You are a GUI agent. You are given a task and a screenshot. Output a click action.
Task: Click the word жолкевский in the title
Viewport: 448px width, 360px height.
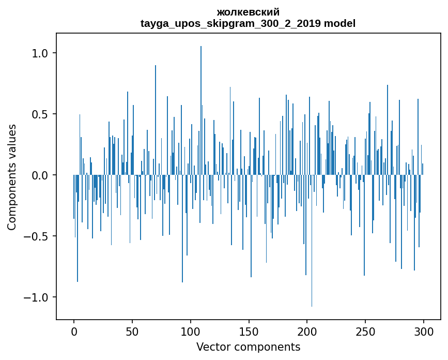[x=248, y=12]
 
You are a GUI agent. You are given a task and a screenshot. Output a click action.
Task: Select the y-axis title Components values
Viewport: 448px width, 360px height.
[x=11, y=177]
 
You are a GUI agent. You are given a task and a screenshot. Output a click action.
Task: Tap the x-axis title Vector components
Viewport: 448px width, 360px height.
[x=248, y=347]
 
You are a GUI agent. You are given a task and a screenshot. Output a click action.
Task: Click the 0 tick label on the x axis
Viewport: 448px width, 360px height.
[x=74, y=331]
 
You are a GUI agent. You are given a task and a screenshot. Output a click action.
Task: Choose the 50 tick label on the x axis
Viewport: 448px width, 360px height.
[x=132, y=331]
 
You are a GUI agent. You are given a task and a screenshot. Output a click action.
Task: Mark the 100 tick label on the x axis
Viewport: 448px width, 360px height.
[x=191, y=331]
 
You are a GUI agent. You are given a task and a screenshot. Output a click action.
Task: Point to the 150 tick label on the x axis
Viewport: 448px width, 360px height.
[x=249, y=331]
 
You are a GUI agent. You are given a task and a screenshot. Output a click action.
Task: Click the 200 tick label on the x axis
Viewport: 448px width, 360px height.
[x=307, y=331]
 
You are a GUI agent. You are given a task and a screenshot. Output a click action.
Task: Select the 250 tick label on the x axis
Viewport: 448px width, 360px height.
[x=365, y=331]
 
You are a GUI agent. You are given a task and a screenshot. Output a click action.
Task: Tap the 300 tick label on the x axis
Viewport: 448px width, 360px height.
[x=424, y=331]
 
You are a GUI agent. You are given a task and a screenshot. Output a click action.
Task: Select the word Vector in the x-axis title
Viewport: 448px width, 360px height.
[x=210, y=347]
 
